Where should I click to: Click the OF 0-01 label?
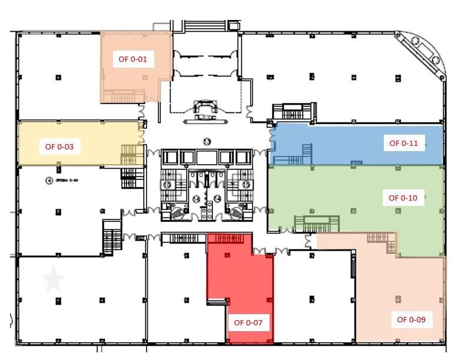[x=132, y=59]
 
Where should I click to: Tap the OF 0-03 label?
[x=59, y=146]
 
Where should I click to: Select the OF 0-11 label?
[x=403, y=143]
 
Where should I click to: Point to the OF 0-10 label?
[x=403, y=198]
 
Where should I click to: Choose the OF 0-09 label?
[x=411, y=320]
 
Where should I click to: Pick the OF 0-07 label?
[x=248, y=322]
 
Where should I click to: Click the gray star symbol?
[x=54, y=280]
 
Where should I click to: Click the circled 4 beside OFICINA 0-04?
[x=48, y=181]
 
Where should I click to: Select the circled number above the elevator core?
[x=207, y=141]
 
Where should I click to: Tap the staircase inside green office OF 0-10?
[x=317, y=224]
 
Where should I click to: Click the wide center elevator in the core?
[x=207, y=157]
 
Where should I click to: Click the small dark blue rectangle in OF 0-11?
[x=356, y=162]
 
